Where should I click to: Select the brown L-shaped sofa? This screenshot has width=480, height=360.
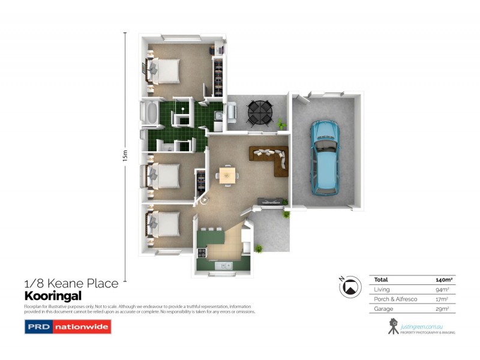pos(271,158)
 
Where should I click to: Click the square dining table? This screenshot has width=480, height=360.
pos(227,175)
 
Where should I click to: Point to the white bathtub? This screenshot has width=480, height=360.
pos(150,113)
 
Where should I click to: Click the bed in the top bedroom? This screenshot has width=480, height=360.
pos(165,71)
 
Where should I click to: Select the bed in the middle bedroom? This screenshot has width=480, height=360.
pos(165,175)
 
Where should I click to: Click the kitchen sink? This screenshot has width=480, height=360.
pos(225,265)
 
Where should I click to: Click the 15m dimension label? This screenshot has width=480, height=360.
pos(125,155)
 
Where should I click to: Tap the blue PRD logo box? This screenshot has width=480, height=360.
pos(38,328)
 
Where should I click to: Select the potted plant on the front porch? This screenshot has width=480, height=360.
pos(259,248)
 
